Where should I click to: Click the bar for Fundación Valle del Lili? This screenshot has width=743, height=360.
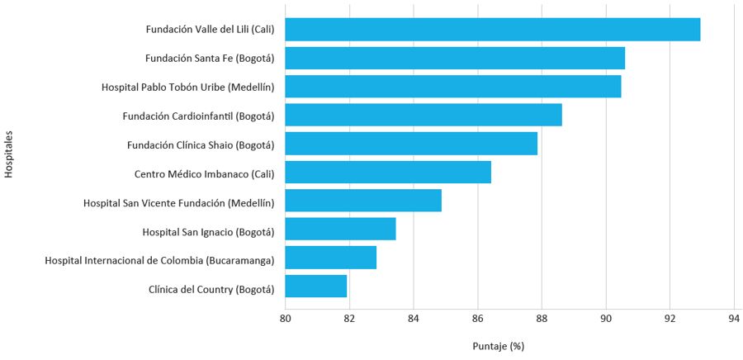point(493,30)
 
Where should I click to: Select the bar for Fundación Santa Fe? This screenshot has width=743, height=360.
point(455,59)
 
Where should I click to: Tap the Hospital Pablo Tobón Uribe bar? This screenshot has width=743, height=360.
point(453,87)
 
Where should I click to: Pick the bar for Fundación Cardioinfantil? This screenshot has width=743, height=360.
point(424,115)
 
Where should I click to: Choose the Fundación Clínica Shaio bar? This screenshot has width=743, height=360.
point(411,144)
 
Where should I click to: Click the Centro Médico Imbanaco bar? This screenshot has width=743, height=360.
point(388,172)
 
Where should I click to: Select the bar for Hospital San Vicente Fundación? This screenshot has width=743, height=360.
point(363,201)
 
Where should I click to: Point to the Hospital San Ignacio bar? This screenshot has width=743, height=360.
point(340,229)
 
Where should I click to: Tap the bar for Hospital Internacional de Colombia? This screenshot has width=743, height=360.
point(331,258)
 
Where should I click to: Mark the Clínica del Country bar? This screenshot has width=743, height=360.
point(316,286)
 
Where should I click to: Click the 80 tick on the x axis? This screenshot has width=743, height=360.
point(285,318)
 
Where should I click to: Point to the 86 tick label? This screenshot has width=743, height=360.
point(477,318)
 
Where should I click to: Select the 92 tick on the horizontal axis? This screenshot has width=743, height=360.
point(670,318)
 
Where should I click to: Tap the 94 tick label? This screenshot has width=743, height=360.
point(733,318)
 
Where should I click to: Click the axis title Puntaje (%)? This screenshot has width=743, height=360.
point(499,345)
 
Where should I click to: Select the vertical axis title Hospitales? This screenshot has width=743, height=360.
point(9,154)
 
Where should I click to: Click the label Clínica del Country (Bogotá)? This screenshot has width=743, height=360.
point(211,290)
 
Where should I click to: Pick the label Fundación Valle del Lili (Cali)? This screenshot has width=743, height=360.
point(210,31)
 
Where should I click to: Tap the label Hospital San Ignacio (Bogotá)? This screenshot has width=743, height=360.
point(208,233)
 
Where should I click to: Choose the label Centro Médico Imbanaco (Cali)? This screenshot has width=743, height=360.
point(204,174)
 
